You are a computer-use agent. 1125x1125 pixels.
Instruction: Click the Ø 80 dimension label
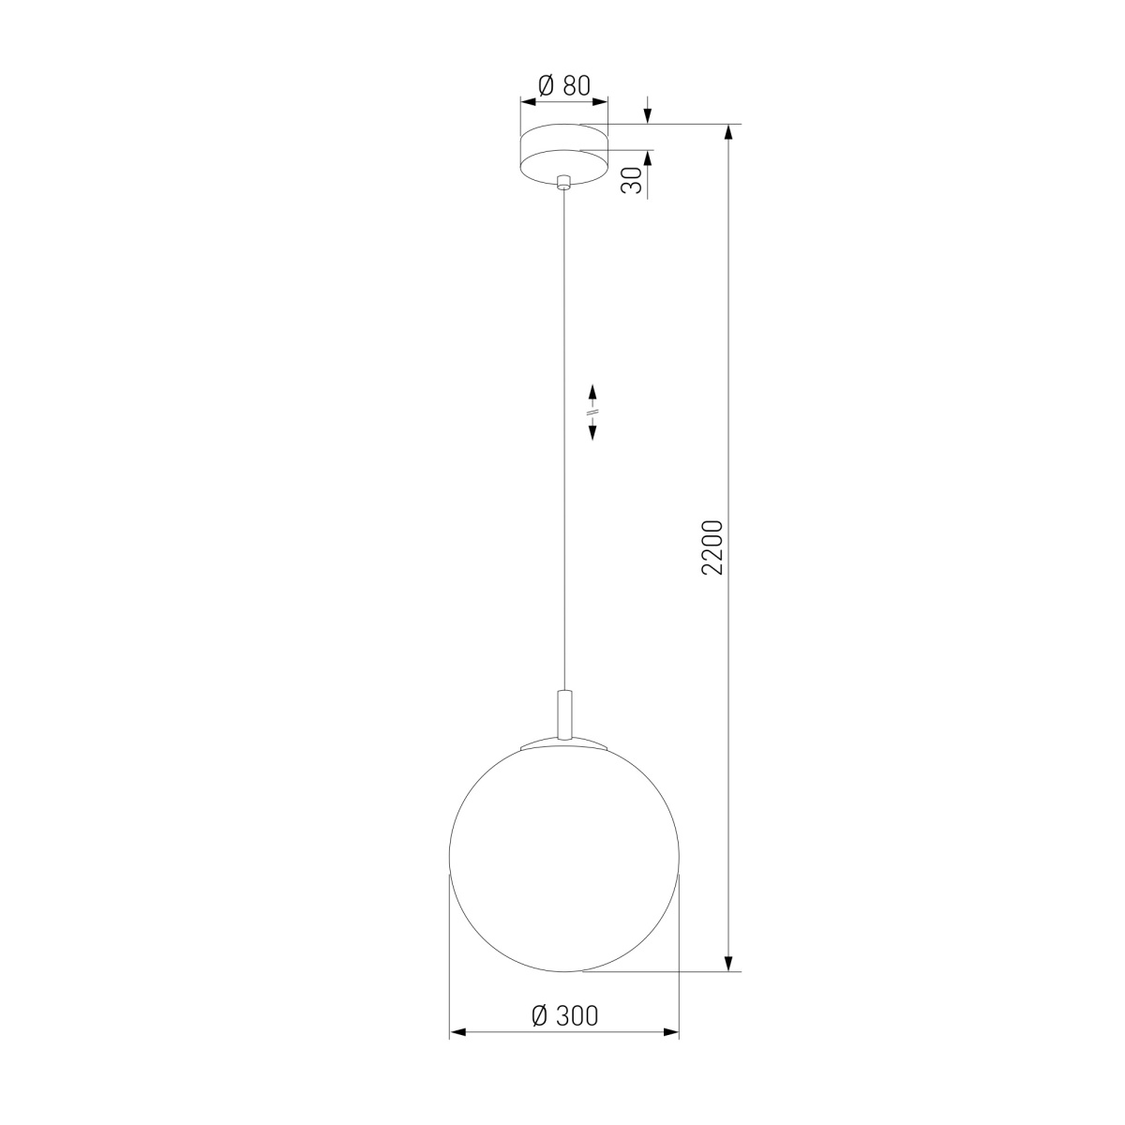(x=564, y=86)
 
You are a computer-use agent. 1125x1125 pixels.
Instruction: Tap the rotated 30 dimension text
(x=632, y=179)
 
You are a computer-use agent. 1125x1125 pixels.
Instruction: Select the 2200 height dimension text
(x=712, y=547)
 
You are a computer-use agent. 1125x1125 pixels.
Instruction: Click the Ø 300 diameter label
(x=564, y=1016)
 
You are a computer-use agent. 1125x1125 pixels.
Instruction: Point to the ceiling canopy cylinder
(x=564, y=155)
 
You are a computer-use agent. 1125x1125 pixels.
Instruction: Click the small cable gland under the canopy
(x=563, y=182)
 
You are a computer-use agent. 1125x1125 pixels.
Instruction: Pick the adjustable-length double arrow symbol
(x=592, y=412)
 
